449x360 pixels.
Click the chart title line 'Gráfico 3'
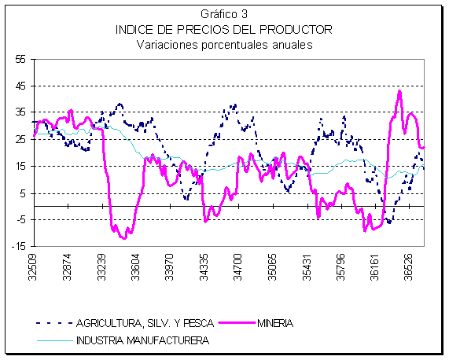coord(224,14)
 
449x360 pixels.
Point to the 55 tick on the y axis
coord(21,60)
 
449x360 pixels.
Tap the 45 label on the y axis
coord(21,86)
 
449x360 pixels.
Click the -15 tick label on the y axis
coord(19,246)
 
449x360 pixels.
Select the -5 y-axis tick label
coord(21,220)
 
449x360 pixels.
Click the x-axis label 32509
coord(33,267)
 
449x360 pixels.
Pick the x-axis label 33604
coord(135,267)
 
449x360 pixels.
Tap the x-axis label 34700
coord(237,267)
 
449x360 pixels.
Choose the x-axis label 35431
coord(307,267)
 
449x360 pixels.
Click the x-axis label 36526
coord(409,267)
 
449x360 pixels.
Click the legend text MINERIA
coord(275,323)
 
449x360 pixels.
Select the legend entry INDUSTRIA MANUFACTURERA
coord(142,340)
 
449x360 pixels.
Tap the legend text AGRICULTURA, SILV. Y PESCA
coord(145,323)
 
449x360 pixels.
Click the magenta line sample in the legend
coord(237,323)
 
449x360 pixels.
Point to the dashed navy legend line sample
coord(54,323)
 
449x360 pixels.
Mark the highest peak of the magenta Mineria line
coord(399,92)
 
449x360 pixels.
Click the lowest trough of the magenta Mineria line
coord(124,238)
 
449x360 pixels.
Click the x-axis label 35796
coord(340,267)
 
